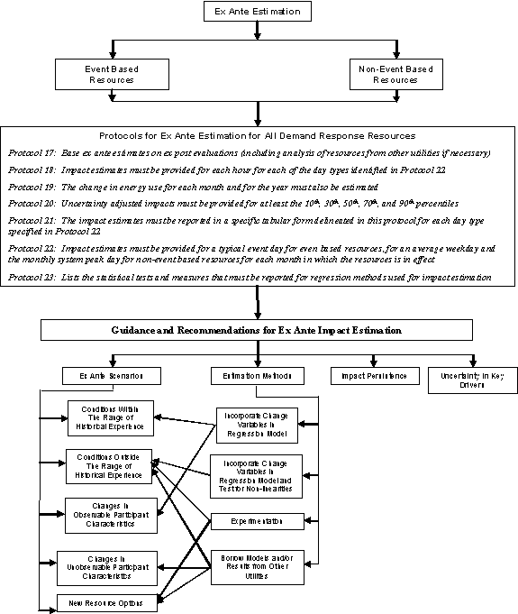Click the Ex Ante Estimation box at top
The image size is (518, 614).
pos(258,13)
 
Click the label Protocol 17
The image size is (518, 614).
pos(34,154)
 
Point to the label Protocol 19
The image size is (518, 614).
pos(34,187)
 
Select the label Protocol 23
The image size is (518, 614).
pos(34,278)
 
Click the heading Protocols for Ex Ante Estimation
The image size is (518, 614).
pos(258,135)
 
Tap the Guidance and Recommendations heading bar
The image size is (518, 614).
pos(258,331)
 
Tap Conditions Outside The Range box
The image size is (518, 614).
pos(109,463)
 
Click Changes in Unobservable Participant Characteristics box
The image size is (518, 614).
pos(107,564)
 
